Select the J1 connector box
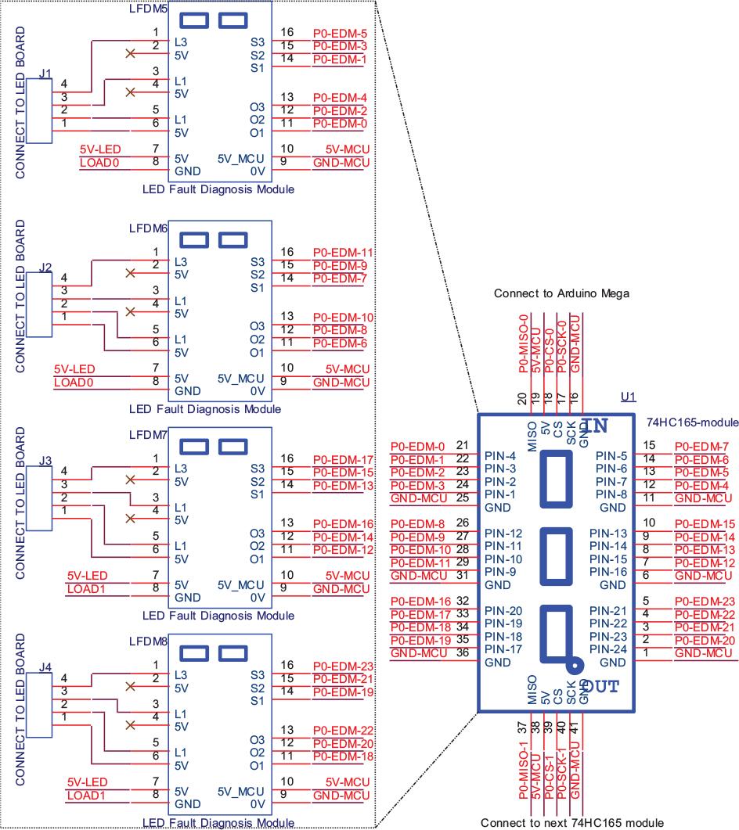click(x=38, y=111)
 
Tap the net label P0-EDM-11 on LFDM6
click(x=343, y=253)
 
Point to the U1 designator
click(x=627, y=397)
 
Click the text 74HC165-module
click(x=692, y=422)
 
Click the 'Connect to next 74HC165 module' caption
click(x=571, y=823)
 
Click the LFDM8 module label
click(x=148, y=641)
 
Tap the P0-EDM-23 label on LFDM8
click(x=343, y=667)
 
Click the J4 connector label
click(x=45, y=667)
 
